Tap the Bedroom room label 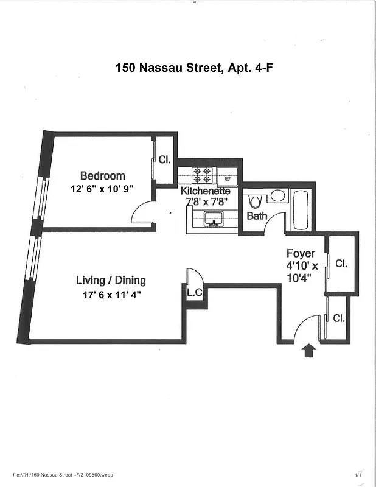(102, 176)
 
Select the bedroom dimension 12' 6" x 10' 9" (102, 189)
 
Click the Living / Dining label (111, 280)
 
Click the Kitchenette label (205, 191)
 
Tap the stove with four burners (202, 175)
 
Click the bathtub (301, 210)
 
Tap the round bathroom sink (277, 196)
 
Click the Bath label (257, 216)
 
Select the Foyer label (301, 253)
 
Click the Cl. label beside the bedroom (164, 159)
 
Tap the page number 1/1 (358, 475)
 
